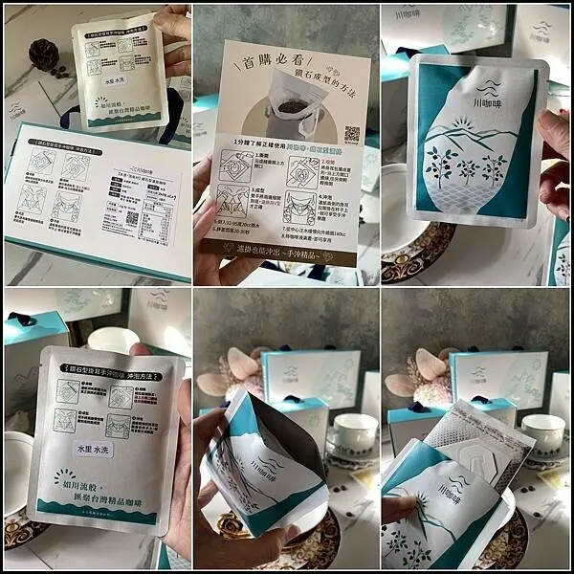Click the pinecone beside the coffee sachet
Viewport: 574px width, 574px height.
coord(44,54)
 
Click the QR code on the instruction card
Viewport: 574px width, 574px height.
coord(351,134)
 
